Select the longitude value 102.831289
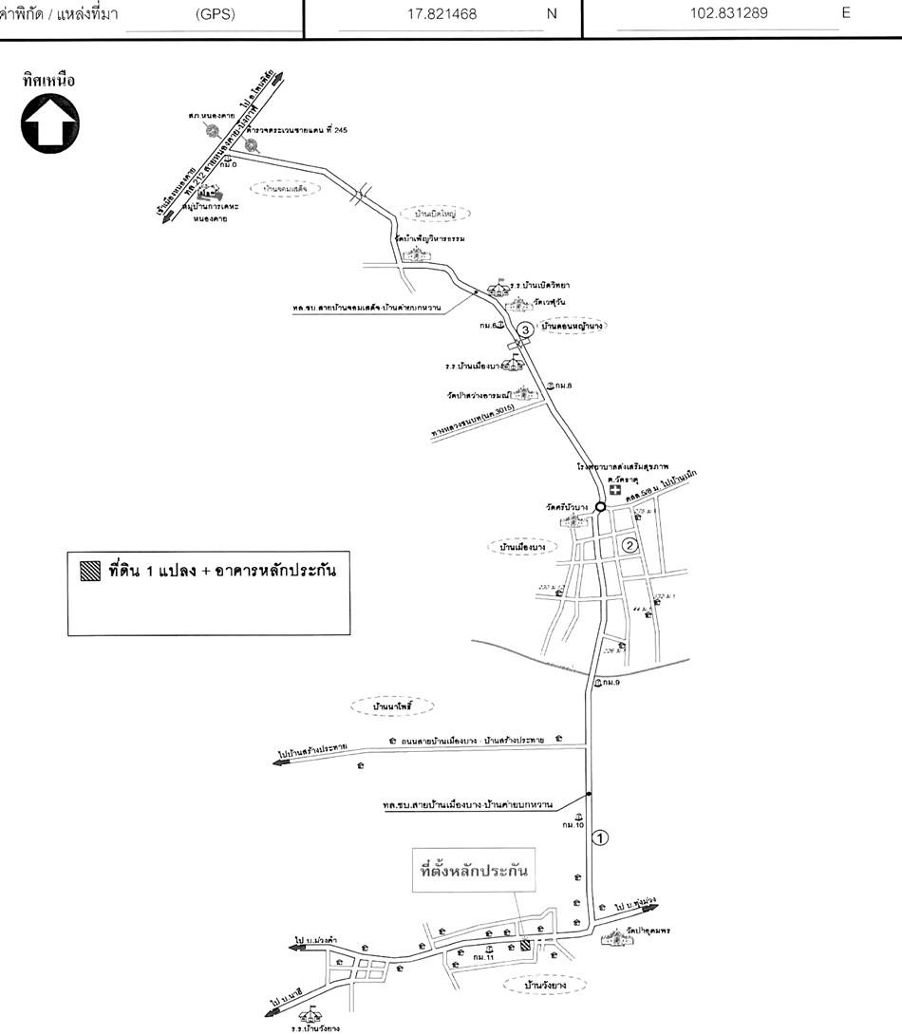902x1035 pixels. (x=730, y=14)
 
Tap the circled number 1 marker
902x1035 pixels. (x=599, y=837)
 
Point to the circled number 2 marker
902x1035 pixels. (x=629, y=545)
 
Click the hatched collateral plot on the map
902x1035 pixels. (x=526, y=946)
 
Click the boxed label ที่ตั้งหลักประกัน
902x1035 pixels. (x=473, y=869)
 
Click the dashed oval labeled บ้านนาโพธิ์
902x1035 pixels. (x=390, y=707)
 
